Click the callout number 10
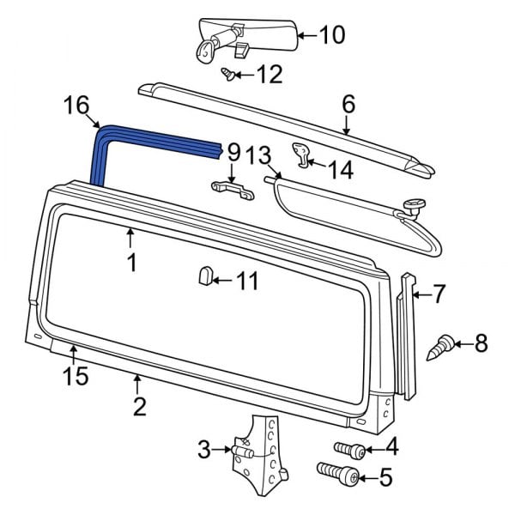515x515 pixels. pyautogui.click(x=331, y=35)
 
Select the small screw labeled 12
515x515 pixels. pyautogui.click(x=228, y=75)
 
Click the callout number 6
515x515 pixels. pyautogui.click(x=348, y=104)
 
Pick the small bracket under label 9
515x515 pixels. pyautogui.click(x=233, y=190)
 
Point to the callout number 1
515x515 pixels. pyautogui.click(x=132, y=262)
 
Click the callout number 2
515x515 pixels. pyautogui.click(x=138, y=405)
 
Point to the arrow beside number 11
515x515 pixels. pyautogui.click(x=220, y=280)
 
